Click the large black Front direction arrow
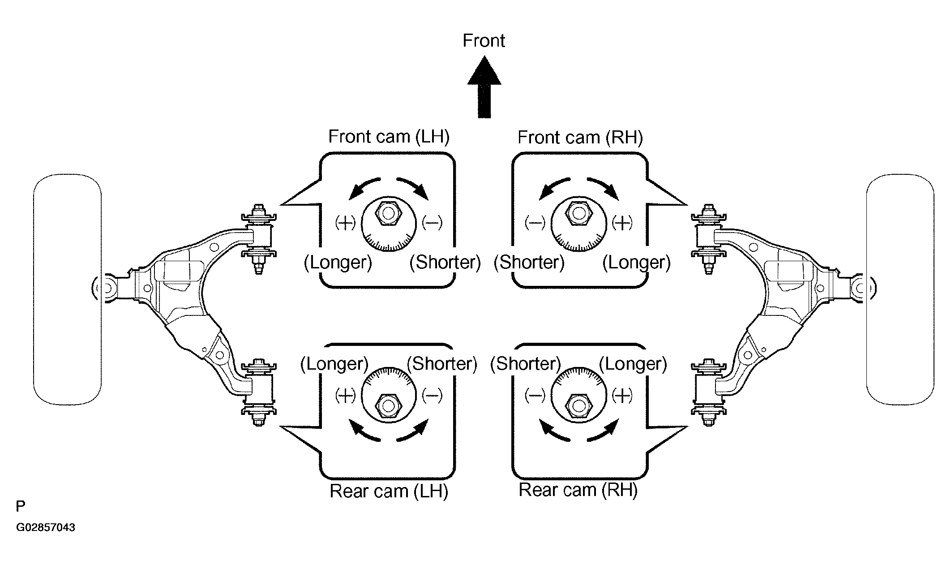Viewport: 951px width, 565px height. point(484,87)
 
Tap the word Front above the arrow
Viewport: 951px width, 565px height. point(484,41)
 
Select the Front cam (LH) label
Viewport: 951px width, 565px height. point(389,136)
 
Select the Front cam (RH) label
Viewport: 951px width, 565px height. point(580,137)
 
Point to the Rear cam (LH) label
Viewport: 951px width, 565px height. point(389,491)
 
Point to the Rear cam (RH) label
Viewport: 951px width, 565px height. point(578,490)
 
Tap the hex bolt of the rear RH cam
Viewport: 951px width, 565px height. point(578,405)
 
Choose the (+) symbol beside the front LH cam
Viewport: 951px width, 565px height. point(345,222)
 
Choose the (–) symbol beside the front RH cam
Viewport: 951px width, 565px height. point(535,222)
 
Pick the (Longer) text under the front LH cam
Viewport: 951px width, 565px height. point(338,262)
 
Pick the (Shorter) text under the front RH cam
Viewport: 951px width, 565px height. point(529,262)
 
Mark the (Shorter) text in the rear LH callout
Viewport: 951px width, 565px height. point(441,363)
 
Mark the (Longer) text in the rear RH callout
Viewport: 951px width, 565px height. point(633,363)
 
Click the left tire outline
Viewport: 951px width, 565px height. point(67,289)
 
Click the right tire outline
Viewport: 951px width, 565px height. point(900,289)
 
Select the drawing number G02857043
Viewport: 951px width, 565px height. point(46,527)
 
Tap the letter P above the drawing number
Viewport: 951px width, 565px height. point(21,506)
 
